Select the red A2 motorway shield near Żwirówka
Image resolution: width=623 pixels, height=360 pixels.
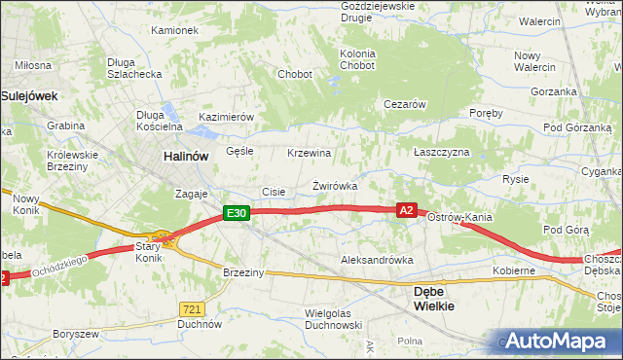[407, 209]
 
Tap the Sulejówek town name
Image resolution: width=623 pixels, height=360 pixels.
[30, 96]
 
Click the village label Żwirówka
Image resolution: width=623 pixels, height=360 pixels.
[335, 185]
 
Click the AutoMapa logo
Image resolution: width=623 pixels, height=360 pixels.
[557, 341]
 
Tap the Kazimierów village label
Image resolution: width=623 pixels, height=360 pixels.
[226, 116]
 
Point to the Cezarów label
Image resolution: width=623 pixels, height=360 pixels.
[406, 104]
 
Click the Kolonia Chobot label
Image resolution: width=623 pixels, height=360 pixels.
[356, 59]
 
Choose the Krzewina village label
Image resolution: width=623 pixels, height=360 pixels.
[310, 154]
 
